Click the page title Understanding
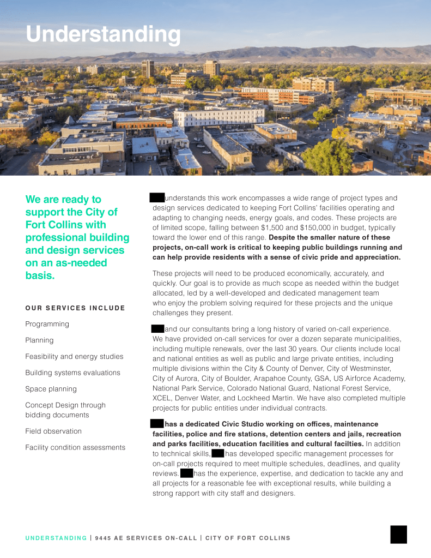[x=103, y=34]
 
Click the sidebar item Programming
[x=47, y=324]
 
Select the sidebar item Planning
[x=40, y=340]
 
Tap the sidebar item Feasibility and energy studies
[x=74, y=357]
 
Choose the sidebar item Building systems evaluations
[x=72, y=373]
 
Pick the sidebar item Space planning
[x=51, y=389]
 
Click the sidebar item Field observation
[x=53, y=431]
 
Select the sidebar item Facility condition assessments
[x=75, y=447]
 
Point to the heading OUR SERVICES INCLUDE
[x=75, y=308]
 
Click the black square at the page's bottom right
[x=398, y=535]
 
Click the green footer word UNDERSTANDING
[x=56, y=538]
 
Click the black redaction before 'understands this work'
[x=157, y=198]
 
